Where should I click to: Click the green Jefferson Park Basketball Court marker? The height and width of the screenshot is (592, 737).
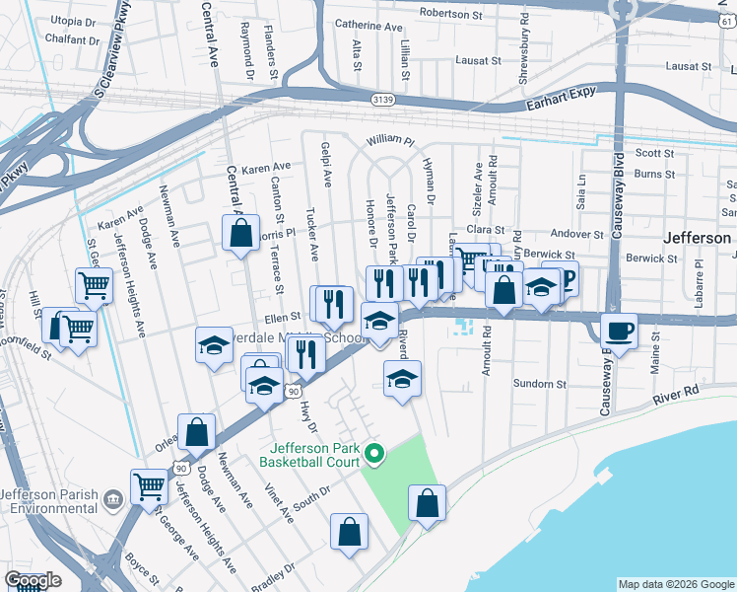[x=373, y=454]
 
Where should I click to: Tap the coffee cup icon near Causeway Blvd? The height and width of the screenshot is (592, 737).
[x=619, y=330]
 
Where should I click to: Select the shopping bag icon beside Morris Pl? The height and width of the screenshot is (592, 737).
[x=240, y=235]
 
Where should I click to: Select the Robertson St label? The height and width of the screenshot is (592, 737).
[x=454, y=14]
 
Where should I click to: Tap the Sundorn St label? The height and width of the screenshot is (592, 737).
[x=539, y=384]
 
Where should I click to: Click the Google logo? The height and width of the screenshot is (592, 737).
[x=33, y=580]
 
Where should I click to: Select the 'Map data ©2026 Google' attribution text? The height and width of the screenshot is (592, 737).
[x=675, y=584]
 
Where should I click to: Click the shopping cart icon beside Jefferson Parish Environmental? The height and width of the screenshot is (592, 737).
[x=149, y=485]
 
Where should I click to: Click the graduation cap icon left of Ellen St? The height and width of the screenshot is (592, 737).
[x=214, y=345]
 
